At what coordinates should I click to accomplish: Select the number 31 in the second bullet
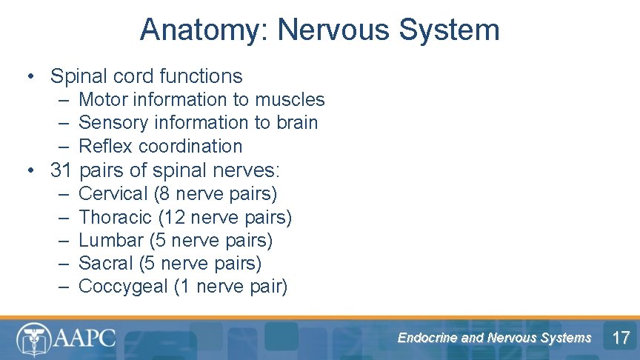(x=61, y=170)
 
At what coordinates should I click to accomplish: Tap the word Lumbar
(x=111, y=241)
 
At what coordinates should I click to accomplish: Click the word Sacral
(x=107, y=263)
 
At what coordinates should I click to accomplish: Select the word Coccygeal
(x=123, y=287)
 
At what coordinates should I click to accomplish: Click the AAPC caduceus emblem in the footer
(x=34, y=339)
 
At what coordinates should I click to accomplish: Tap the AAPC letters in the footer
(x=84, y=339)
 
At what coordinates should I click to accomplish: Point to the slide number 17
(x=621, y=339)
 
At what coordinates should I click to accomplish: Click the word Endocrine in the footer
(x=427, y=338)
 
